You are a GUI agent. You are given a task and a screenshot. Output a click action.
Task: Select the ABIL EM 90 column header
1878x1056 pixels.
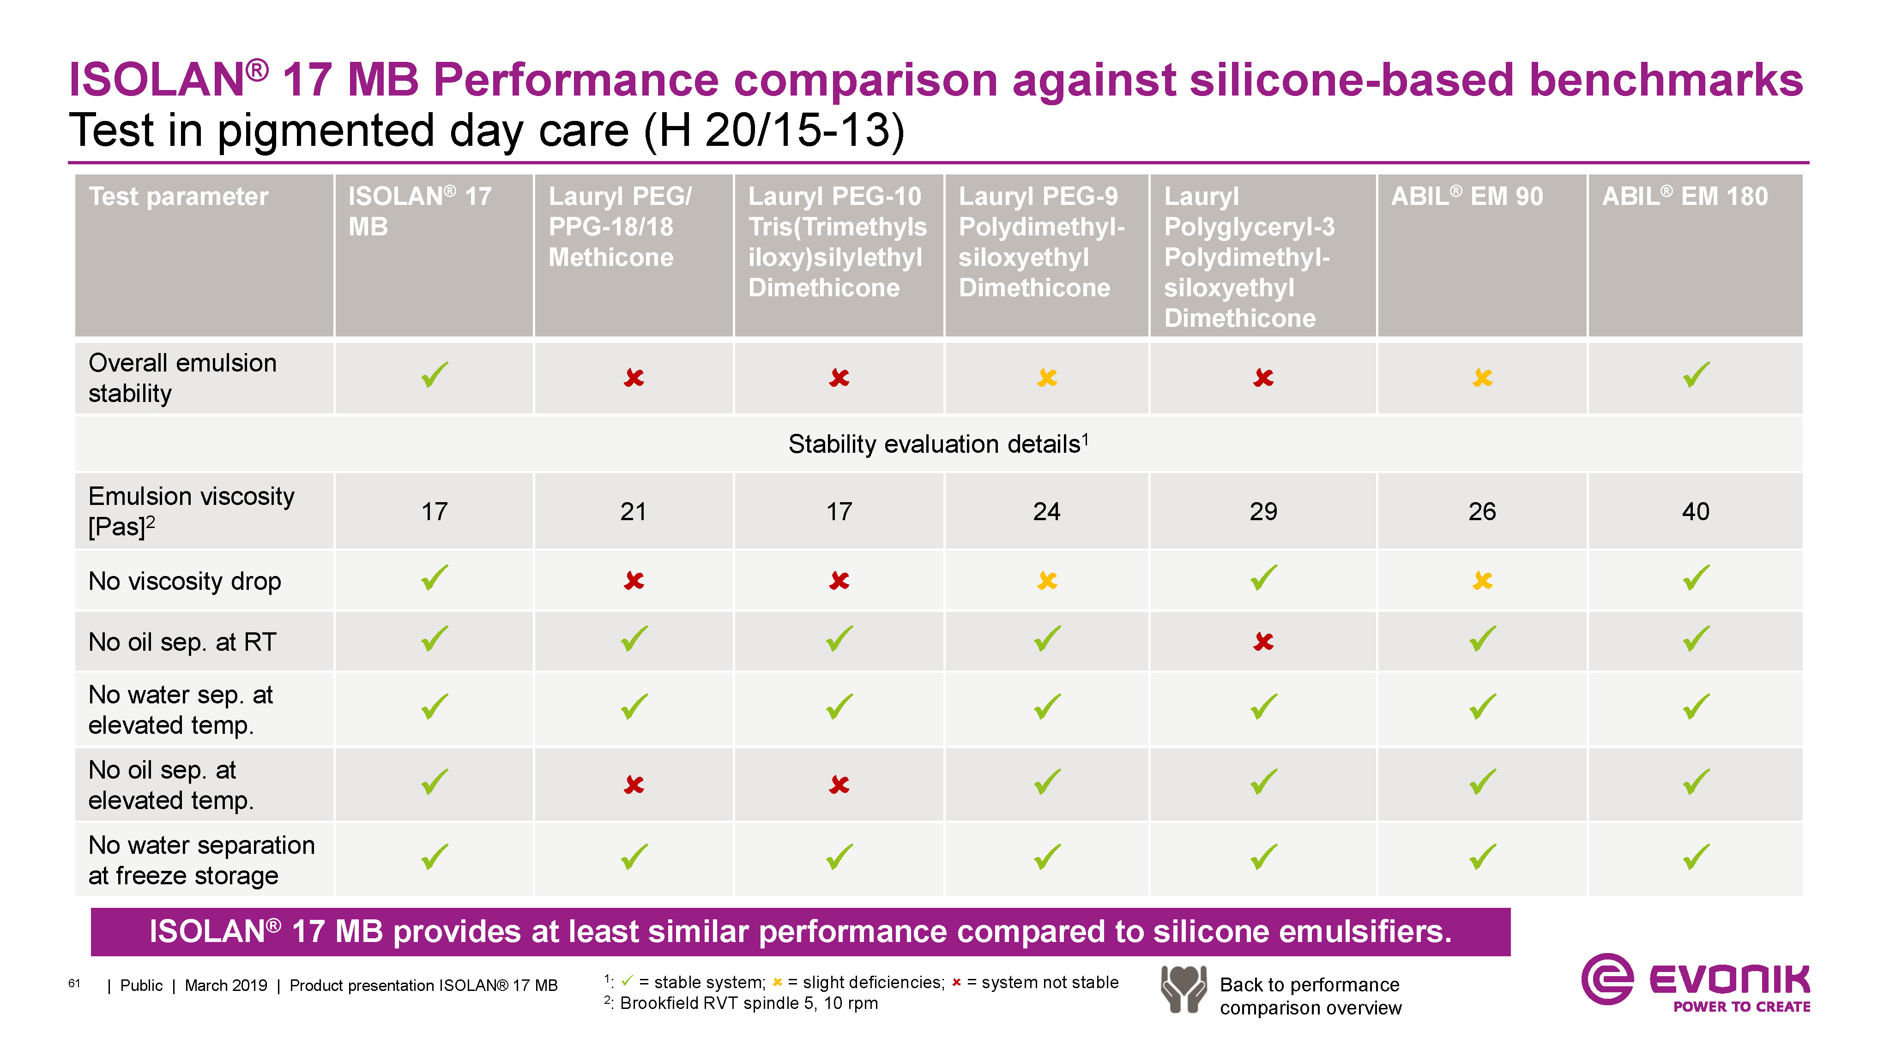[x=1467, y=197]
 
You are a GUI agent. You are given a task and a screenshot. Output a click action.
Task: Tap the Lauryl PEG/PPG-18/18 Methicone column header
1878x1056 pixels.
[x=620, y=227]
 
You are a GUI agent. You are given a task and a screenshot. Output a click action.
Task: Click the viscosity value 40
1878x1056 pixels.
[x=1696, y=511]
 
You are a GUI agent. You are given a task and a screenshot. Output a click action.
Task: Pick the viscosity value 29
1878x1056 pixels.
[x=1263, y=511]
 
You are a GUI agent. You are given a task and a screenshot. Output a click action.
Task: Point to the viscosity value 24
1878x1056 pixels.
[x=1046, y=511]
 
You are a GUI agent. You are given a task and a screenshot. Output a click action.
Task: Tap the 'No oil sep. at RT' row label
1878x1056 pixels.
[x=182, y=642]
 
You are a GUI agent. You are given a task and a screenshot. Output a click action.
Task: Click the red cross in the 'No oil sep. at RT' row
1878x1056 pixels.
[x=1263, y=642]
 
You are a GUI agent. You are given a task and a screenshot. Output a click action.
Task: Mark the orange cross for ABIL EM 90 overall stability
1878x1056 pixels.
[x=1482, y=378]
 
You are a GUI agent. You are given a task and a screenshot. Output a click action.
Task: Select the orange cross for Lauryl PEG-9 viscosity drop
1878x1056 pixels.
[x=1047, y=581]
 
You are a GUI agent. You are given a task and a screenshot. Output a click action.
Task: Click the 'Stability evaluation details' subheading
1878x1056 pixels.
[x=937, y=444]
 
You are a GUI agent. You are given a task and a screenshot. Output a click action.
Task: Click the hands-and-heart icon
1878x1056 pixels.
[x=1183, y=989]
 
